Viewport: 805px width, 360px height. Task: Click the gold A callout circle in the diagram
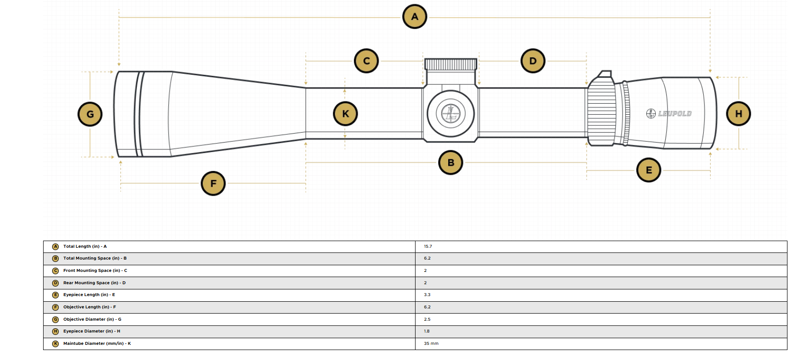tap(415, 17)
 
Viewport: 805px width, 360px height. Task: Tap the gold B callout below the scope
tap(451, 162)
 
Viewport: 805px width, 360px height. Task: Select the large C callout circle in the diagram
tap(366, 61)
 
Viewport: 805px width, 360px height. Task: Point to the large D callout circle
tap(533, 61)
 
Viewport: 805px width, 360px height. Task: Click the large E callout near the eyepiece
tap(649, 170)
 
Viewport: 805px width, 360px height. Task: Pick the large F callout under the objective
tap(213, 183)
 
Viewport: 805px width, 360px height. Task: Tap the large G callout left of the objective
tap(90, 114)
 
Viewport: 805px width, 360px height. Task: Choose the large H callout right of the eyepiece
tap(738, 114)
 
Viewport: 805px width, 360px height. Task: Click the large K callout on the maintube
tap(345, 114)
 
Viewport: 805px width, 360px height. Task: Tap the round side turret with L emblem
tap(451, 114)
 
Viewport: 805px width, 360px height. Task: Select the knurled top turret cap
tap(451, 64)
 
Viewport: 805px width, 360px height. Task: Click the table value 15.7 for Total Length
tap(428, 246)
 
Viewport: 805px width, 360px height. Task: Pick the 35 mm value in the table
tap(431, 343)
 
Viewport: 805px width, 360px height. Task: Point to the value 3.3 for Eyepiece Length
tap(427, 295)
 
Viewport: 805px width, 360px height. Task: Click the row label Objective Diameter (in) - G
tap(92, 319)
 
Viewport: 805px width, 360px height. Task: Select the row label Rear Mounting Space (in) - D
tap(94, 283)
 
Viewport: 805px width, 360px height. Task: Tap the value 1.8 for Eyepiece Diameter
tap(427, 331)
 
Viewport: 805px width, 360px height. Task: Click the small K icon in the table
tap(55, 343)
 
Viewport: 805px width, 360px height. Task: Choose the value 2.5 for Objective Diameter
tap(427, 319)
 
